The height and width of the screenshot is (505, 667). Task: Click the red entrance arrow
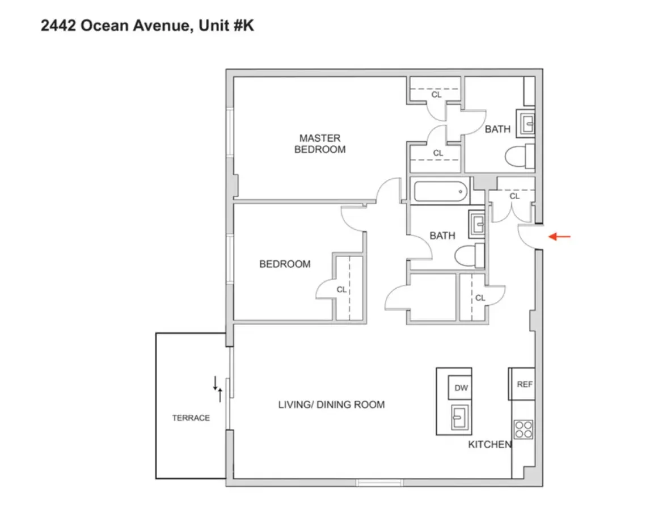[559, 237]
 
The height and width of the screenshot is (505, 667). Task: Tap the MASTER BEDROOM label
[320, 144]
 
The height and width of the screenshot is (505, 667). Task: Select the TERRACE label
[191, 418]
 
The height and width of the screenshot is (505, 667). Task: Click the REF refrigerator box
[525, 384]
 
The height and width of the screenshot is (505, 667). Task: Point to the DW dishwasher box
[461, 388]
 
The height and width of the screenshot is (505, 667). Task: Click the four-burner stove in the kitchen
[523, 429]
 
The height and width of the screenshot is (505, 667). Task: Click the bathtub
[442, 191]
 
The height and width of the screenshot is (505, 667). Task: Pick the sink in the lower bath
[477, 225]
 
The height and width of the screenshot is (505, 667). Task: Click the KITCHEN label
[489, 444]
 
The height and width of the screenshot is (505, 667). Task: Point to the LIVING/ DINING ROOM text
[331, 405]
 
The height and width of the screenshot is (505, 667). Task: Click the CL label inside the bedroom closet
[341, 289]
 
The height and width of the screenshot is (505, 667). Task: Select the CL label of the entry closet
[514, 196]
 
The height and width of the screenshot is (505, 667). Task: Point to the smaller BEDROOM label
[285, 264]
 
